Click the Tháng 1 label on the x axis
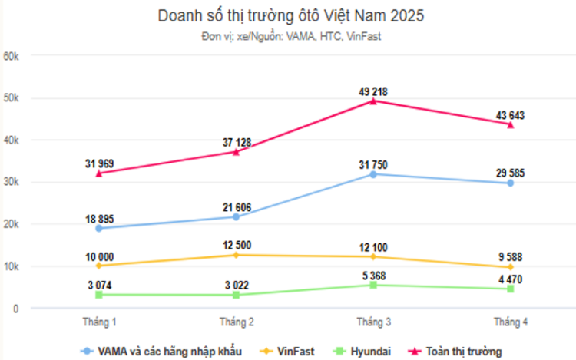coord(99,320)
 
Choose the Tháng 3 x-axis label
coord(373,320)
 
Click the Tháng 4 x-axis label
coord(510,320)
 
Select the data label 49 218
coord(373,91)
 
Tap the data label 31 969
coord(99,163)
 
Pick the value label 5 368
coord(373,276)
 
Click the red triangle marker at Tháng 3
coord(373,101)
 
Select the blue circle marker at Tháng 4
coord(510,183)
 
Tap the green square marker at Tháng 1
coord(99,295)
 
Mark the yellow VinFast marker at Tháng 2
coord(236,255)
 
